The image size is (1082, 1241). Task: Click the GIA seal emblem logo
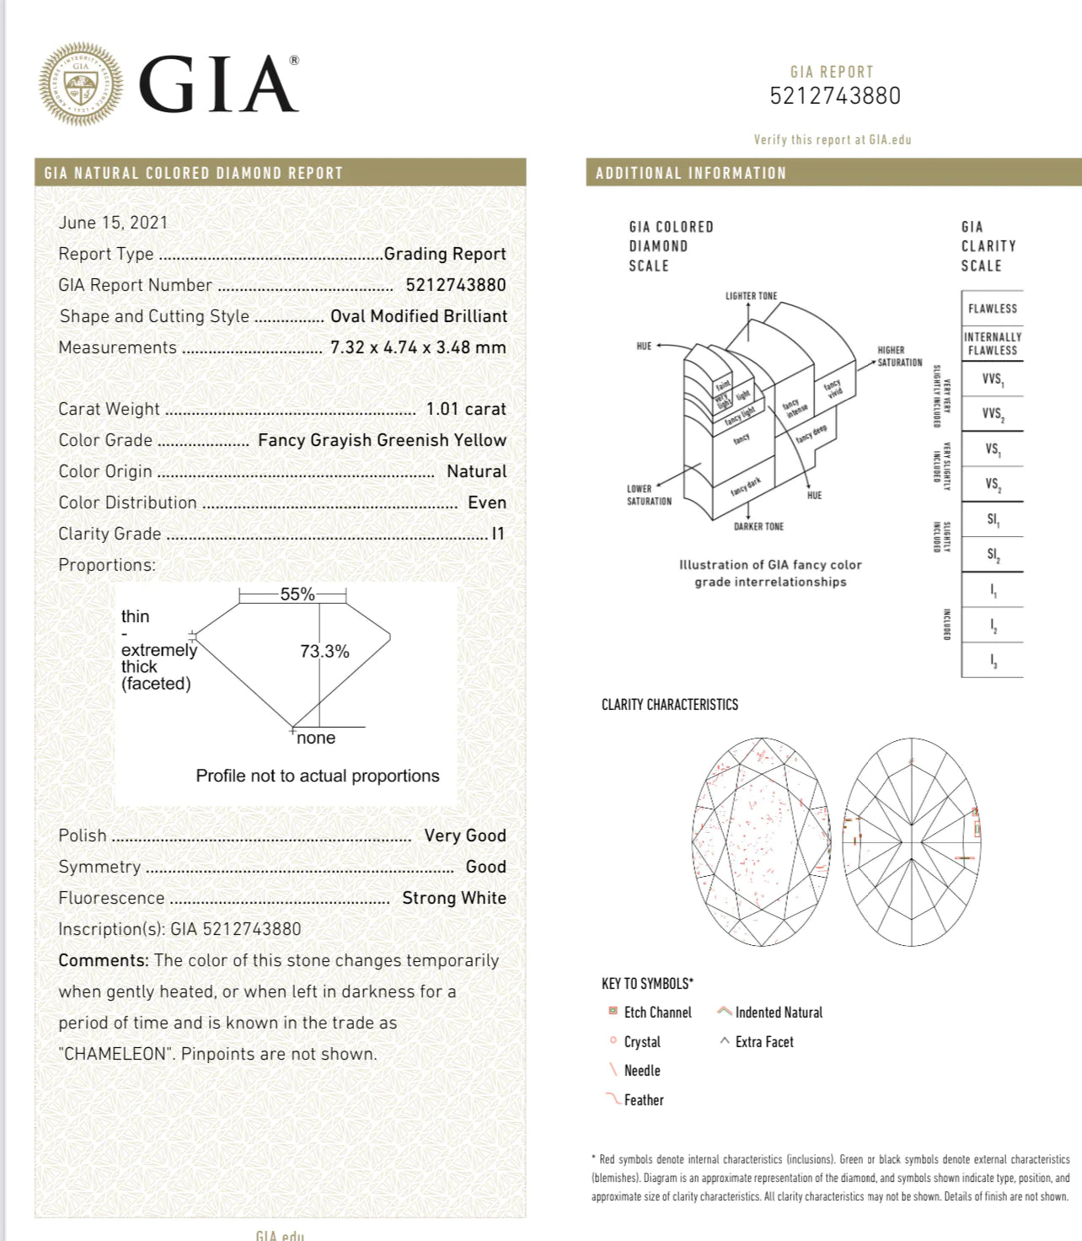click(x=81, y=84)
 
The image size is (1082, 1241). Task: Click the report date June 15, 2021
click(x=113, y=223)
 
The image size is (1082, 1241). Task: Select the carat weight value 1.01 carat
click(x=466, y=409)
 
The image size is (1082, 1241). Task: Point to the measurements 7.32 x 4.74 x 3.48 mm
click(x=418, y=347)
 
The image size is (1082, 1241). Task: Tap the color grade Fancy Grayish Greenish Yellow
click(x=382, y=440)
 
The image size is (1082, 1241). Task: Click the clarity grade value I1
click(x=498, y=534)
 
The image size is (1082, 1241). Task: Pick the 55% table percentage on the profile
click(x=297, y=594)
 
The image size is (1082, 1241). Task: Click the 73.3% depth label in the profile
click(x=324, y=651)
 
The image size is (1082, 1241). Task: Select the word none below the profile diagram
click(x=316, y=738)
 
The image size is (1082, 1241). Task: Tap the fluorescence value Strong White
click(x=454, y=898)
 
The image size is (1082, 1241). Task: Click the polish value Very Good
click(x=465, y=835)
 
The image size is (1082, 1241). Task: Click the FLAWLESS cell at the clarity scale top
click(x=992, y=309)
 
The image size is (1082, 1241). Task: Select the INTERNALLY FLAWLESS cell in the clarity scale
click(x=992, y=343)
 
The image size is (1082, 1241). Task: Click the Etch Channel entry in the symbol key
click(x=657, y=1013)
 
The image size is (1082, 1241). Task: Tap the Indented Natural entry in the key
click(x=778, y=1013)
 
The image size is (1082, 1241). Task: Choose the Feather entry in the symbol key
click(x=643, y=1100)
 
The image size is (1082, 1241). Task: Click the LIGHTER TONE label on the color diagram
click(x=751, y=296)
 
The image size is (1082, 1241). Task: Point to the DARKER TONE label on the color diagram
click(x=758, y=526)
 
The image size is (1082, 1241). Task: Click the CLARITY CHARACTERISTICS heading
click(x=669, y=705)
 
